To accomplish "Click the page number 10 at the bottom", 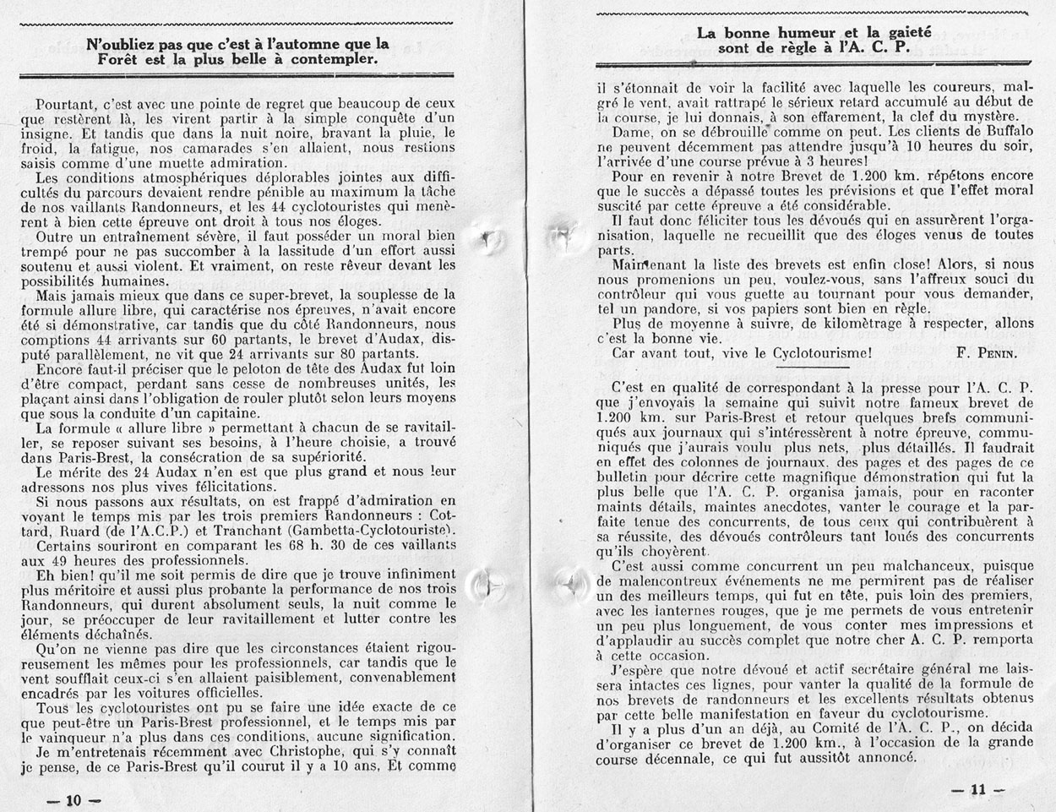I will [71, 798].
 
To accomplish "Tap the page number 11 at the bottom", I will [978, 790].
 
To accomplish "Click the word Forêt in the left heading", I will [120, 61].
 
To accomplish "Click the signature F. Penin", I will [989, 353].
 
